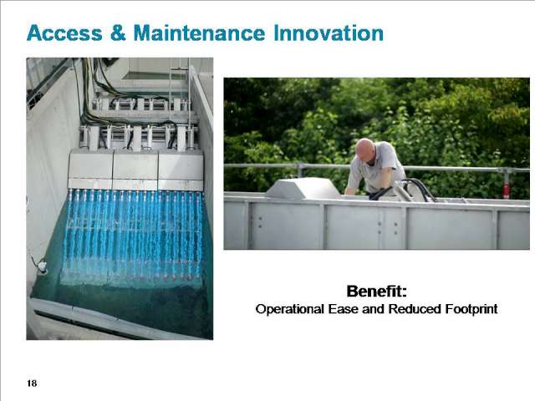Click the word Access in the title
(x=64, y=33)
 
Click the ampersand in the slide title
(x=118, y=33)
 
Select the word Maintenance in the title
(x=199, y=33)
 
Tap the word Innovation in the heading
(x=329, y=33)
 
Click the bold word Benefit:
(x=377, y=292)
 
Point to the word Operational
(x=290, y=309)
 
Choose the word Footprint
(x=471, y=309)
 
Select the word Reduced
(x=415, y=309)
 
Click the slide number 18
(x=32, y=383)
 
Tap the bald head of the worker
(x=364, y=149)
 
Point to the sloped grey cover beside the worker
(x=303, y=188)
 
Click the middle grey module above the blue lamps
(x=135, y=170)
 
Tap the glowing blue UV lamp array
(x=134, y=236)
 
